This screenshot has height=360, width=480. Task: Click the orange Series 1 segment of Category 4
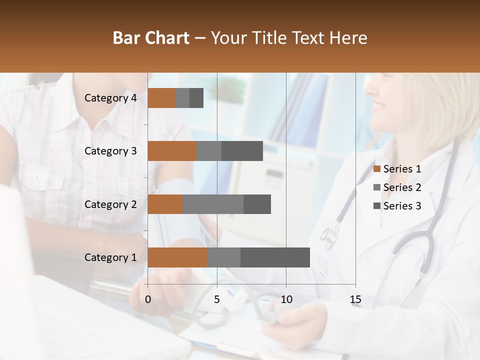point(161,98)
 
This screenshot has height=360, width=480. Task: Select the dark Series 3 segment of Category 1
point(275,257)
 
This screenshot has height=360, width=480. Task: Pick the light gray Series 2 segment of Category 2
point(213,204)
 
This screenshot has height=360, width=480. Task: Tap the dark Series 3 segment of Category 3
point(242,151)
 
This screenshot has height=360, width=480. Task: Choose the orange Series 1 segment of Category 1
point(177,257)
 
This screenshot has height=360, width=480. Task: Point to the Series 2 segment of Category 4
point(182,98)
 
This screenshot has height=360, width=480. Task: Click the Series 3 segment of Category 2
point(257,204)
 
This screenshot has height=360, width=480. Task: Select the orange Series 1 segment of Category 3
point(172,151)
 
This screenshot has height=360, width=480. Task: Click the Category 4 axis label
point(110,98)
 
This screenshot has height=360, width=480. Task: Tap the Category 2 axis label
point(110,204)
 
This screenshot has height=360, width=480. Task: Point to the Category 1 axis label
point(110,257)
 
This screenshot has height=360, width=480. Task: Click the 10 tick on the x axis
point(286,299)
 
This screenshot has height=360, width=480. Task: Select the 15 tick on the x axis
point(355,299)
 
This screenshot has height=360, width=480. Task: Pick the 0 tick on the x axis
point(147,299)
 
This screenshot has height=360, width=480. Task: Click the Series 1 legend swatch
point(377,169)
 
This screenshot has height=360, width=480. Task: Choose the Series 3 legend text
point(402,206)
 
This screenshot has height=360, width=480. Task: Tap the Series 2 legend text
point(402,187)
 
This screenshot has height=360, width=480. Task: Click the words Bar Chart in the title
point(151,38)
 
